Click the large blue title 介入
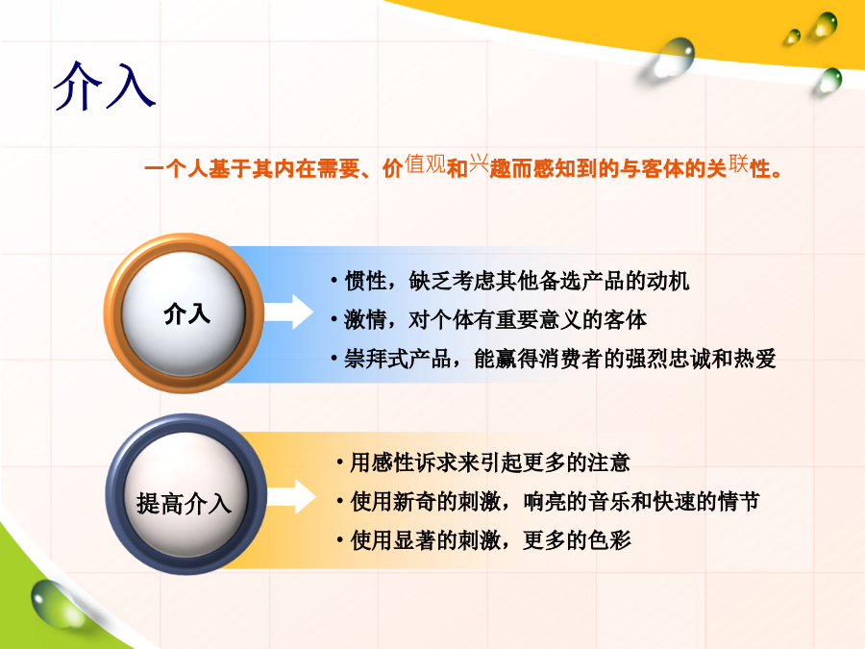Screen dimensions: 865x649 [104, 87]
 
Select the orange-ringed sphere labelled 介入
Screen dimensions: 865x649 [184, 312]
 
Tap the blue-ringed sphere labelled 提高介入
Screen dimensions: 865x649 [185, 494]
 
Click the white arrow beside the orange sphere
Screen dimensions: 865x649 [288, 312]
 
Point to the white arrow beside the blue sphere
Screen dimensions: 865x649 [290, 497]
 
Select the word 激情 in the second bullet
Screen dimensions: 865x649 [365, 319]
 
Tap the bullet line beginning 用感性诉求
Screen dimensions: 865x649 [483, 462]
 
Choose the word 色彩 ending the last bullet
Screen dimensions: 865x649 [609, 540]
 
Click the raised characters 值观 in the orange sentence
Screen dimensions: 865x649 [425, 163]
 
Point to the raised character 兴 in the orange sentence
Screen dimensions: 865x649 [479, 163]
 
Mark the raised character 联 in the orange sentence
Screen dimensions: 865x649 [738, 163]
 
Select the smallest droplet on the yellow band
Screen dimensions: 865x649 [793, 37]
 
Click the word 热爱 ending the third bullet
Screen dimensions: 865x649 [755, 359]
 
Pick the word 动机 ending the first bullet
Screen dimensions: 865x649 [668, 281]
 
